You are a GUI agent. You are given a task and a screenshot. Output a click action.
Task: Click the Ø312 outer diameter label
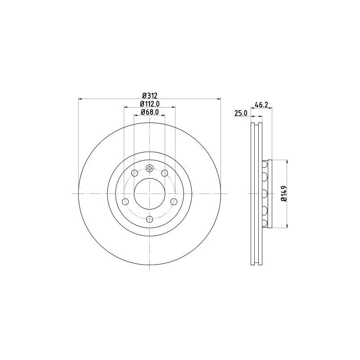point(149,95)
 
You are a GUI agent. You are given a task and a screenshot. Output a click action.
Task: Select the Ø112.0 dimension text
point(150,104)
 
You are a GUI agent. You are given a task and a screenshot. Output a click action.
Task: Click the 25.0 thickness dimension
point(241,113)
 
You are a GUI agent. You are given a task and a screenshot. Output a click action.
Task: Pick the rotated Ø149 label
point(284,193)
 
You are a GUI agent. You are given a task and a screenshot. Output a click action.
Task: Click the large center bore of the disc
point(149,194)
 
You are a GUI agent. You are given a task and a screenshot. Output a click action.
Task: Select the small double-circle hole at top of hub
point(149,168)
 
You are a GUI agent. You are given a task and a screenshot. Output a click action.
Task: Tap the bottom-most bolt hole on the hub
point(149,219)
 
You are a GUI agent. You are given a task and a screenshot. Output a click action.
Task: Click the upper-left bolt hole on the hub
point(134,173)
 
